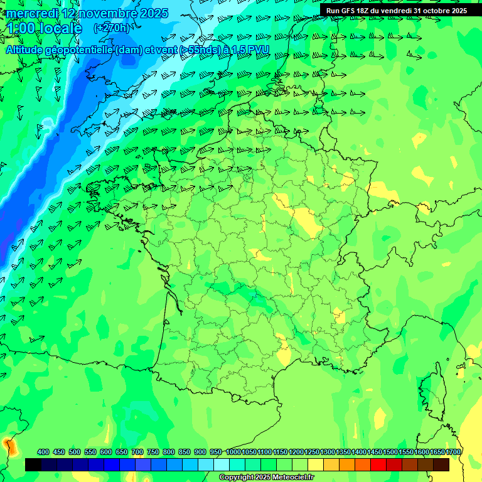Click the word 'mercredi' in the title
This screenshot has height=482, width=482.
pyautogui.click(x=31, y=13)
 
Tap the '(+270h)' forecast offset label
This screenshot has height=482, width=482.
pyautogui.click(x=111, y=28)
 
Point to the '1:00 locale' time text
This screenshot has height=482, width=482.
pyautogui.click(x=43, y=28)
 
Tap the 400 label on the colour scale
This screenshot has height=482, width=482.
pyautogui.click(x=43, y=452)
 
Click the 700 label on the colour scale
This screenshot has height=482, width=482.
pyautogui.click(x=137, y=452)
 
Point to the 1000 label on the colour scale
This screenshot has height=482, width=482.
pyautogui.click(x=233, y=452)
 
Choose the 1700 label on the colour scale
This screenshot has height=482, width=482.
pyautogui.click(x=453, y=452)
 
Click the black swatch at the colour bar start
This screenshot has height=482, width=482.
pyautogui.click(x=33, y=464)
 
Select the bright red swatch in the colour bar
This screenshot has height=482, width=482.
pyautogui.click(x=378, y=464)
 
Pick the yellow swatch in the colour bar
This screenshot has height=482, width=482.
pyautogui.click(x=316, y=464)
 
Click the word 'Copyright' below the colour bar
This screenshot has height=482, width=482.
pyautogui.click(x=236, y=478)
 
